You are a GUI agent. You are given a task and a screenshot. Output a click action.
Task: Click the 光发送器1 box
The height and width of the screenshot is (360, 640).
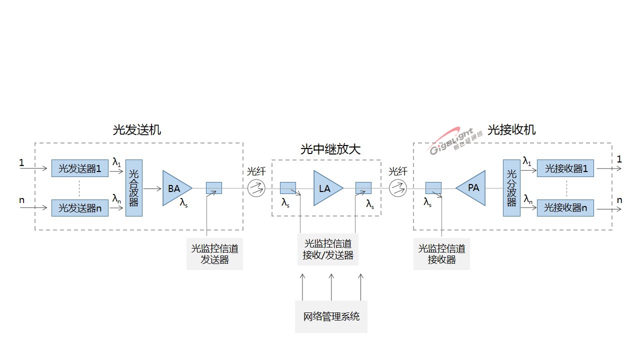(x=80, y=169)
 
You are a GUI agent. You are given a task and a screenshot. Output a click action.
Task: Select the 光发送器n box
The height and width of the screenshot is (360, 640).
(x=80, y=208)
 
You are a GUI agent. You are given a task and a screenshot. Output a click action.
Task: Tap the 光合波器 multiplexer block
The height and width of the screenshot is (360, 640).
(x=134, y=188)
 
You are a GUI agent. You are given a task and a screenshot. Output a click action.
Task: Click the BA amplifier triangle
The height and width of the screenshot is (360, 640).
(x=175, y=188)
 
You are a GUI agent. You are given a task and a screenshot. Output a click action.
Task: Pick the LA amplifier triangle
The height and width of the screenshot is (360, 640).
(x=326, y=188)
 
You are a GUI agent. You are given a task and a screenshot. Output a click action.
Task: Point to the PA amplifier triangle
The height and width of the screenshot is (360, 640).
(x=472, y=188)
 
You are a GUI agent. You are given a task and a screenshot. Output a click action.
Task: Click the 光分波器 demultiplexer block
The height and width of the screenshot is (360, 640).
(x=511, y=188)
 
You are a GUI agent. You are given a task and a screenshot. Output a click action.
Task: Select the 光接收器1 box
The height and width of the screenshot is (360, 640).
(x=565, y=169)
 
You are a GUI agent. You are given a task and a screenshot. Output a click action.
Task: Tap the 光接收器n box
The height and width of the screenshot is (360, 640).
(x=565, y=208)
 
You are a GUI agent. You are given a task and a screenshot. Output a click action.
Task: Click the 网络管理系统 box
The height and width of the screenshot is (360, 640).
(x=331, y=316)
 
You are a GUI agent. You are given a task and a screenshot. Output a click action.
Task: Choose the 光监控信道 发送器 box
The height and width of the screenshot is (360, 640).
(x=214, y=254)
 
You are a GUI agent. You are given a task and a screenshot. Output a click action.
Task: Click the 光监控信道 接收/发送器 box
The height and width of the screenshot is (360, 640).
(x=328, y=249)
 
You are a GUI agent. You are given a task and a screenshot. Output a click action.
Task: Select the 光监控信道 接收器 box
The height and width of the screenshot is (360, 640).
(x=441, y=254)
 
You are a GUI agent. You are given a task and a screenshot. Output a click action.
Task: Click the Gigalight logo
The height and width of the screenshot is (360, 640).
(x=455, y=141)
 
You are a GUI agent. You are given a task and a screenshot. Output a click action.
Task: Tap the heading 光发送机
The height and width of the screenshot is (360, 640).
(x=137, y=130)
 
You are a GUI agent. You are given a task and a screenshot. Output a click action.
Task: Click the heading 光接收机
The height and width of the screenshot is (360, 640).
(x=511, y=130)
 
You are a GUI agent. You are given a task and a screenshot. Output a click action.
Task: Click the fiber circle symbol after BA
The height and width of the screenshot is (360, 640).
(x=256, y=188)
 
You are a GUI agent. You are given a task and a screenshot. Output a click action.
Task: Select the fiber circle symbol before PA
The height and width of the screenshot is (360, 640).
(x=398, y=188)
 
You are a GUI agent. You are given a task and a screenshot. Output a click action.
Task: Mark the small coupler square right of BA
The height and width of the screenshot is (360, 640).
(x=214, y=188)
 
